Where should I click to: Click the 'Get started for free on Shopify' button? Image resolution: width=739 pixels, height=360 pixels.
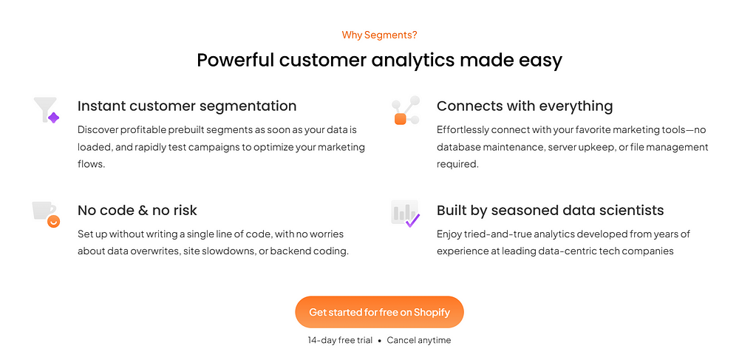point(379,312)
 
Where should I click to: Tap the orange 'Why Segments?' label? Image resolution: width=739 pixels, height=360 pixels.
point(379,35)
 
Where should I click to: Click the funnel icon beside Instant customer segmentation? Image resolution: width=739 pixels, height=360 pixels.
point(46,110)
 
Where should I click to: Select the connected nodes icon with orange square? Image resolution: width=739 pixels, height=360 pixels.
point(405,111)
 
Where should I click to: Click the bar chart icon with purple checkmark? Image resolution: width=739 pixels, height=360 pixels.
point(405,214)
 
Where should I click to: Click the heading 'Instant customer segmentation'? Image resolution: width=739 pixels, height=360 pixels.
point(187,106)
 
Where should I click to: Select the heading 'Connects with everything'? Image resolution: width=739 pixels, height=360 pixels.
point(525,106)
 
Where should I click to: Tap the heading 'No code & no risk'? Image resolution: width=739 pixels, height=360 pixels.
point(137,210)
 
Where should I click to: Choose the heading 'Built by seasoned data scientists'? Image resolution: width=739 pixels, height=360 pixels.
point(550,210)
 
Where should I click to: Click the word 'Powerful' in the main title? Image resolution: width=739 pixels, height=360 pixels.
point(235,61)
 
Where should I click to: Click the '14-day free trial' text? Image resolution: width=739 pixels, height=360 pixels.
point(340,340)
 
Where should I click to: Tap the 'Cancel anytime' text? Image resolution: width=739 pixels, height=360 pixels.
point(419,340)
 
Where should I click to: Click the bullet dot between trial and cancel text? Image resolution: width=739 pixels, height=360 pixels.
point(379,341)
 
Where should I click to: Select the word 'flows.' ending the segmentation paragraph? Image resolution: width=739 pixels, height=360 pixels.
point(91,164)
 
